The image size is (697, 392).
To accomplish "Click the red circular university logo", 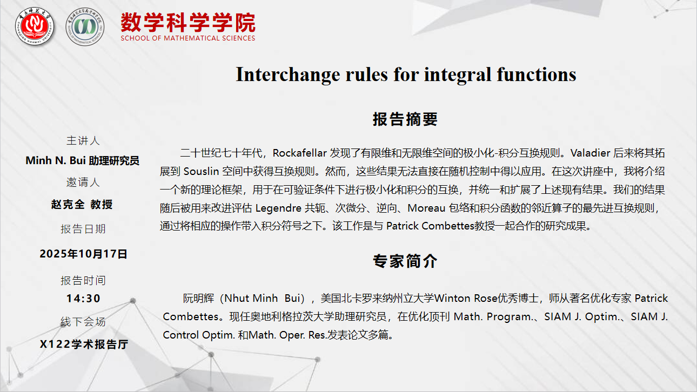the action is pyautogui.click(x=35, y=26).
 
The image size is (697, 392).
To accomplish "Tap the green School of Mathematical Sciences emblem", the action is pyautogui.click(x=85, y=26).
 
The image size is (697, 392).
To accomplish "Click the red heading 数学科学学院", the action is pyautogui.click(x=188, y=22).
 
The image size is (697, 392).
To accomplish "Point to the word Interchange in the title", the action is pyautogui.click(x=288, y=75).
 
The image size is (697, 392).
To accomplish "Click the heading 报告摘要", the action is pyautogui.click(x=405, y=119).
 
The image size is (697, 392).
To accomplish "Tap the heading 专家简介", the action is pyautogui.click(x=405, y=261).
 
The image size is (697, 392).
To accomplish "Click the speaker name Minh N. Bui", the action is pyautogui.click(x=56, y=160).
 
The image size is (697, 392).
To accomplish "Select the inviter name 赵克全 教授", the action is pyautogui.click(x=82, y=205).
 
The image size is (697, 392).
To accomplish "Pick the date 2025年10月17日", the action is pyautogui.click(x=83, y=254).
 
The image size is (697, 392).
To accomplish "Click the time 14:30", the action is pyautogui.click(x=83, y=299).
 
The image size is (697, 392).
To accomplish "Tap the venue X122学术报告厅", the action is pyautogui.click(x=84, y=344).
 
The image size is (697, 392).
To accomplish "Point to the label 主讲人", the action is pyautogui.click(x=83, y=141).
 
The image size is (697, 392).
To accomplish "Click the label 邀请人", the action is pyautogui.click(x=83, y=182).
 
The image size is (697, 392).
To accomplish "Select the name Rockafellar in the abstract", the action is pyautogui.click(x=300, y=153).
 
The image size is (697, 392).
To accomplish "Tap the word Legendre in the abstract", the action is pyautogui.click(x=278, y=208).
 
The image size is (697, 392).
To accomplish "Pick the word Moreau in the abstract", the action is pyautogui.click(x=427, y=208).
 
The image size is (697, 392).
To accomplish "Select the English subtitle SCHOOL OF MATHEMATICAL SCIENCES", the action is pyautogui.click(x=188, y=38).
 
